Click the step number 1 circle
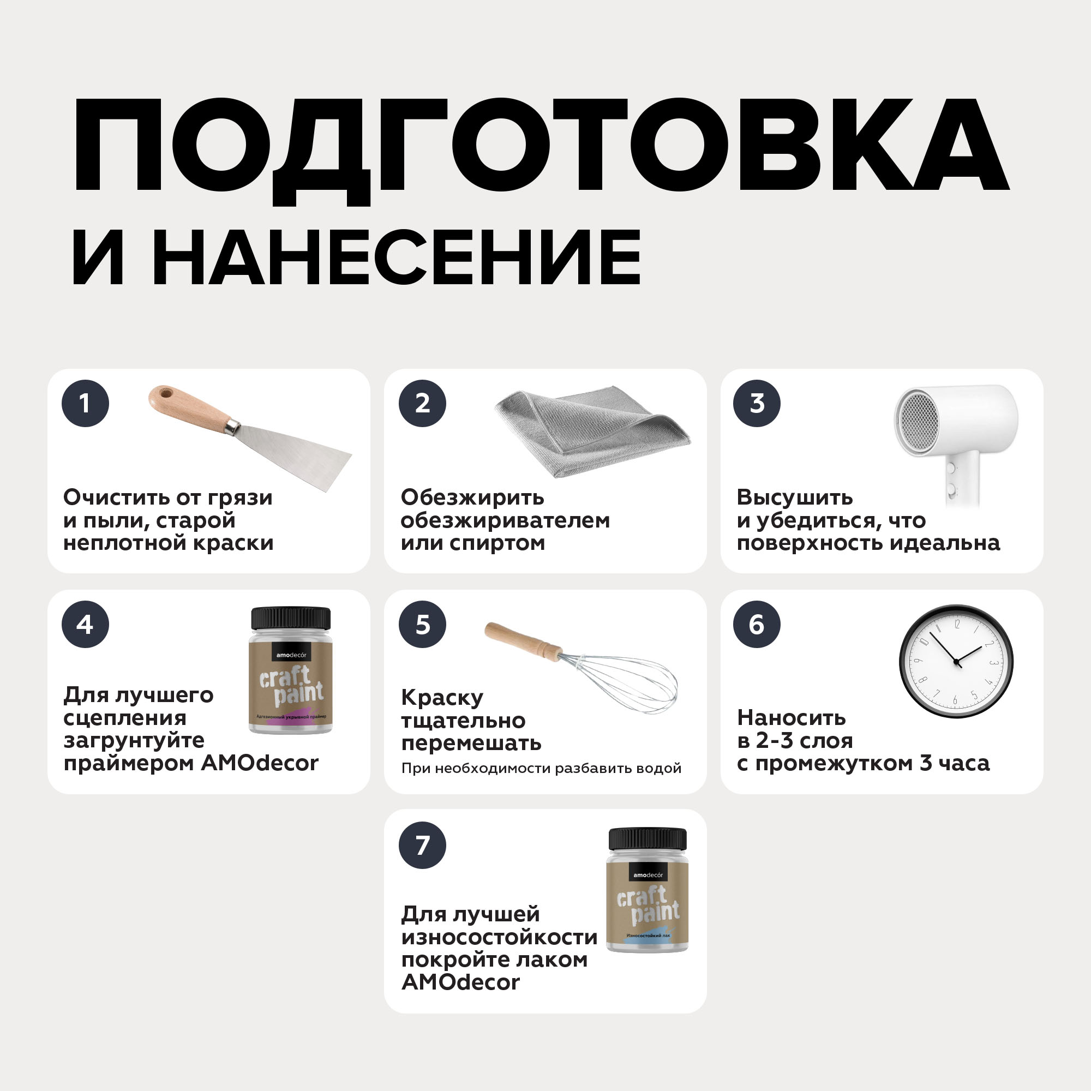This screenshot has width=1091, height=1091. tap(85, 403)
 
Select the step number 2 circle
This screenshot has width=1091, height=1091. tap(422, 403)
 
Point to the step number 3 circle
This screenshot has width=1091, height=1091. tap(757, 403)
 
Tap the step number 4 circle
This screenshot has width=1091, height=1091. tap(85, 624)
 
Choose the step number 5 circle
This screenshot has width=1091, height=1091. tap(422, 624)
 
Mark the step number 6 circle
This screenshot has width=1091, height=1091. tap(757, 624)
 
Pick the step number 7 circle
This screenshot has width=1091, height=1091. tap(422, 846)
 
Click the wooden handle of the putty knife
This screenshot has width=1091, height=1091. tap(189, 408)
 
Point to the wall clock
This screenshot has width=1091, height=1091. tap(956, 661)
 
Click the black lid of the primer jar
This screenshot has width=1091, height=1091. tap(291, 619)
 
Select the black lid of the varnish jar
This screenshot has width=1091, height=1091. tap(648, 840)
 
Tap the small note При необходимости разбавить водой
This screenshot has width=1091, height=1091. tap(541, 769)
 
